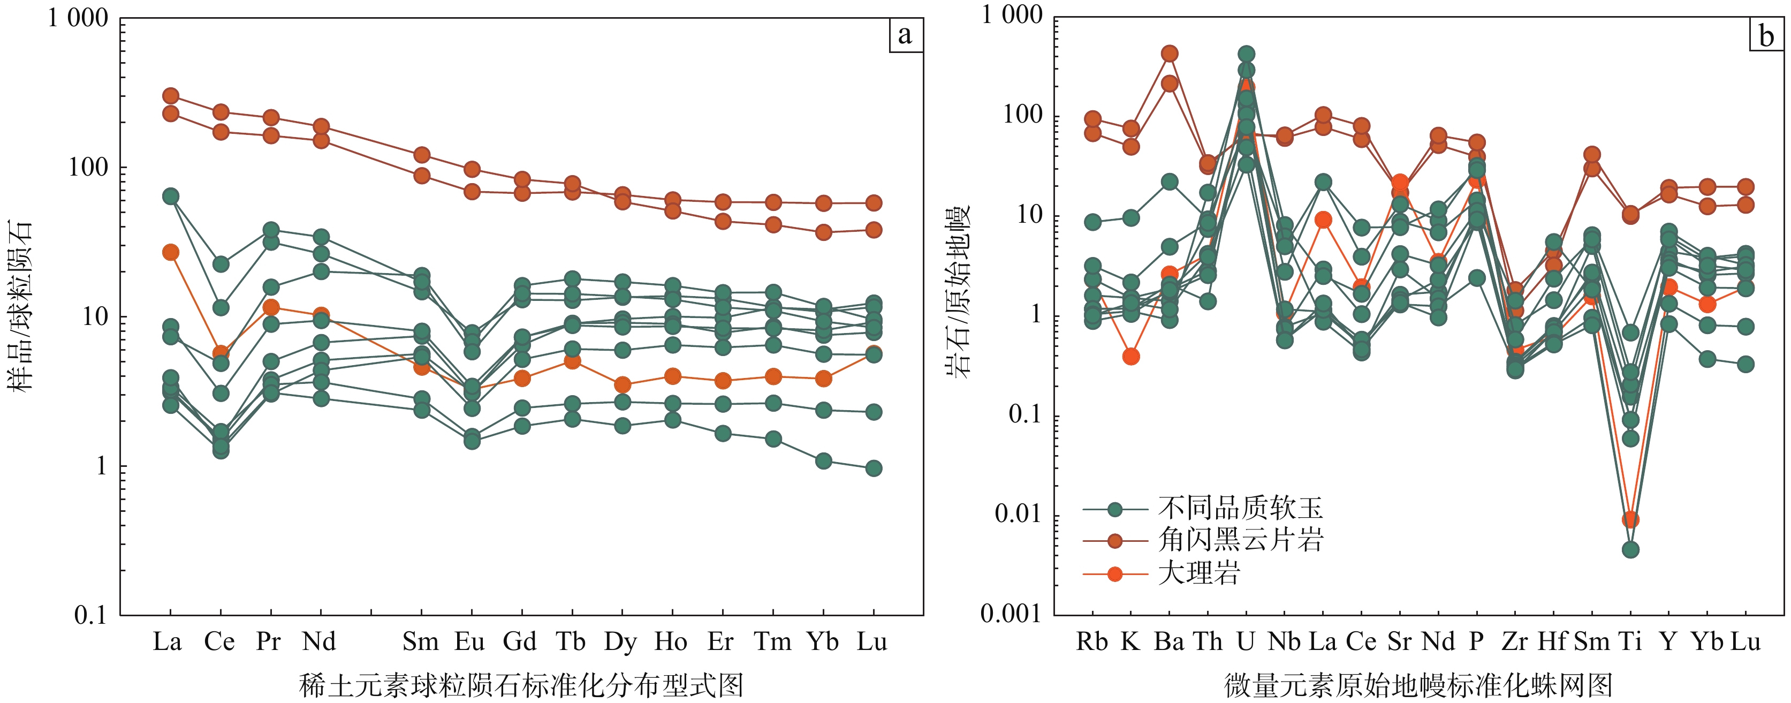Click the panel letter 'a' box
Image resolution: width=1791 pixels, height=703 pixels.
[x=905, y=35]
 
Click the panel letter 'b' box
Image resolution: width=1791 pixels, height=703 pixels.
[x=1766, y=35]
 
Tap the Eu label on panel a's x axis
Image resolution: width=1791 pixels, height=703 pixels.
[x=470, y=641]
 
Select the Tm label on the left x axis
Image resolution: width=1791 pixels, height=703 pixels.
[x=772, y=641]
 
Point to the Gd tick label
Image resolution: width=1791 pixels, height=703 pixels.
[x=520, y=641]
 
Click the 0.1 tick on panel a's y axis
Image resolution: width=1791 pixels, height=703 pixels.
[x=91, y=615]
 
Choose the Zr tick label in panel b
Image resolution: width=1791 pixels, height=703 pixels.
[x=1515, y=641]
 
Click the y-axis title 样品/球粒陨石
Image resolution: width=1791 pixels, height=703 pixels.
[x=21, y=306]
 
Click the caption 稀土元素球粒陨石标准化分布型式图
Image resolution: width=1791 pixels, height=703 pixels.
[x=521, y=686]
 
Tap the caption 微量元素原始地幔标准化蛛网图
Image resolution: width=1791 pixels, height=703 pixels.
[x=1418, y=686]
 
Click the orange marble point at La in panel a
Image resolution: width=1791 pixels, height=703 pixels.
[x=170, y=252]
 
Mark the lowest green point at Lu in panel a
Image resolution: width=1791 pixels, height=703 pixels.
[x=874, y=468]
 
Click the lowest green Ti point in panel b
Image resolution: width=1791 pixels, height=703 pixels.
[x=1630, y=549]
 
